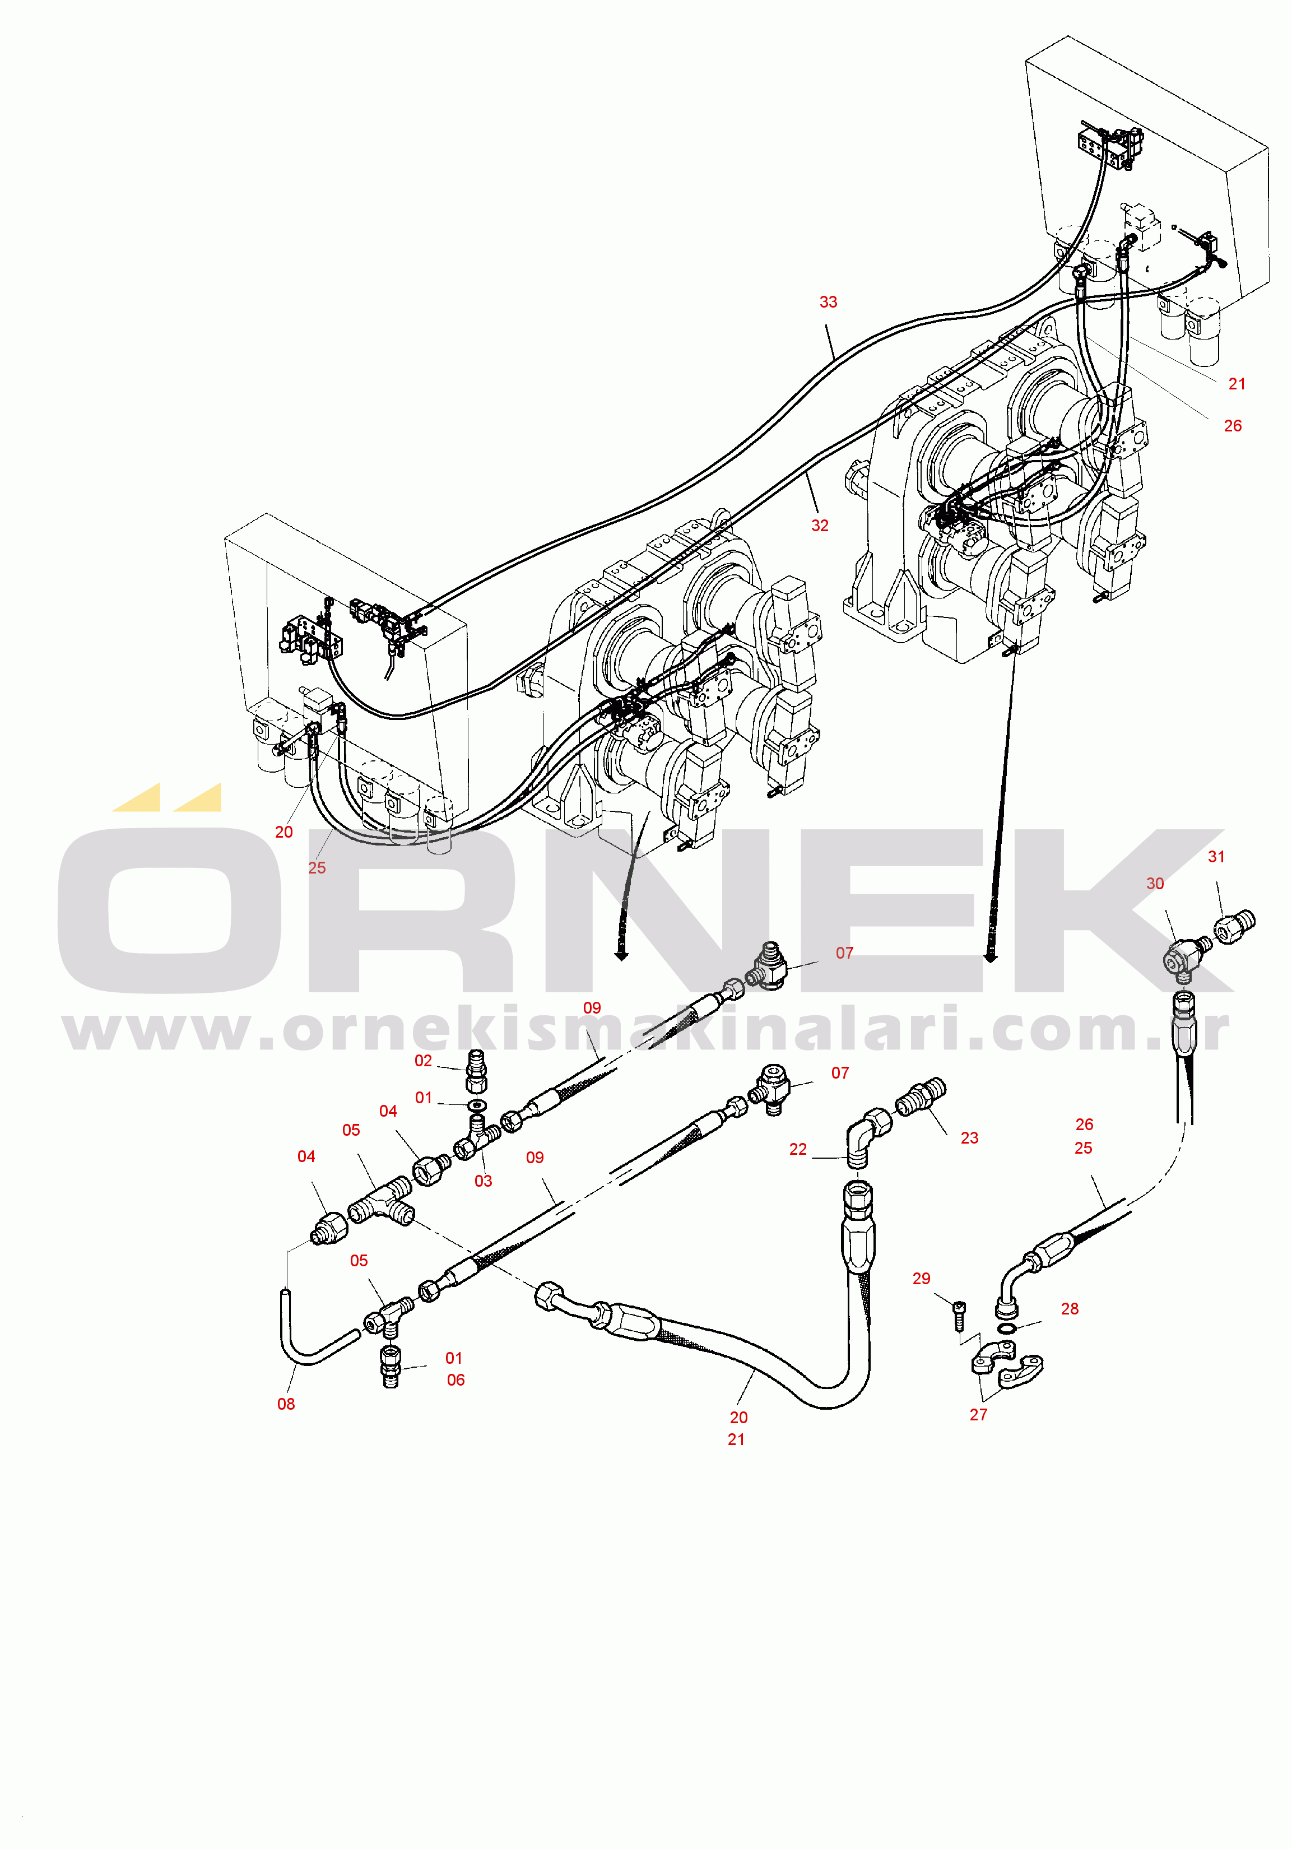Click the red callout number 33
click(828, 302)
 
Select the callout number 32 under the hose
click(819, 525)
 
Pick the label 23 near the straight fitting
click(969, 1138)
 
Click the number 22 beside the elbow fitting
click(797, 1149)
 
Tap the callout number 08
click(286, 1404)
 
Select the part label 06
click(456, 1379)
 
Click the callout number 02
click(423, 1061)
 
